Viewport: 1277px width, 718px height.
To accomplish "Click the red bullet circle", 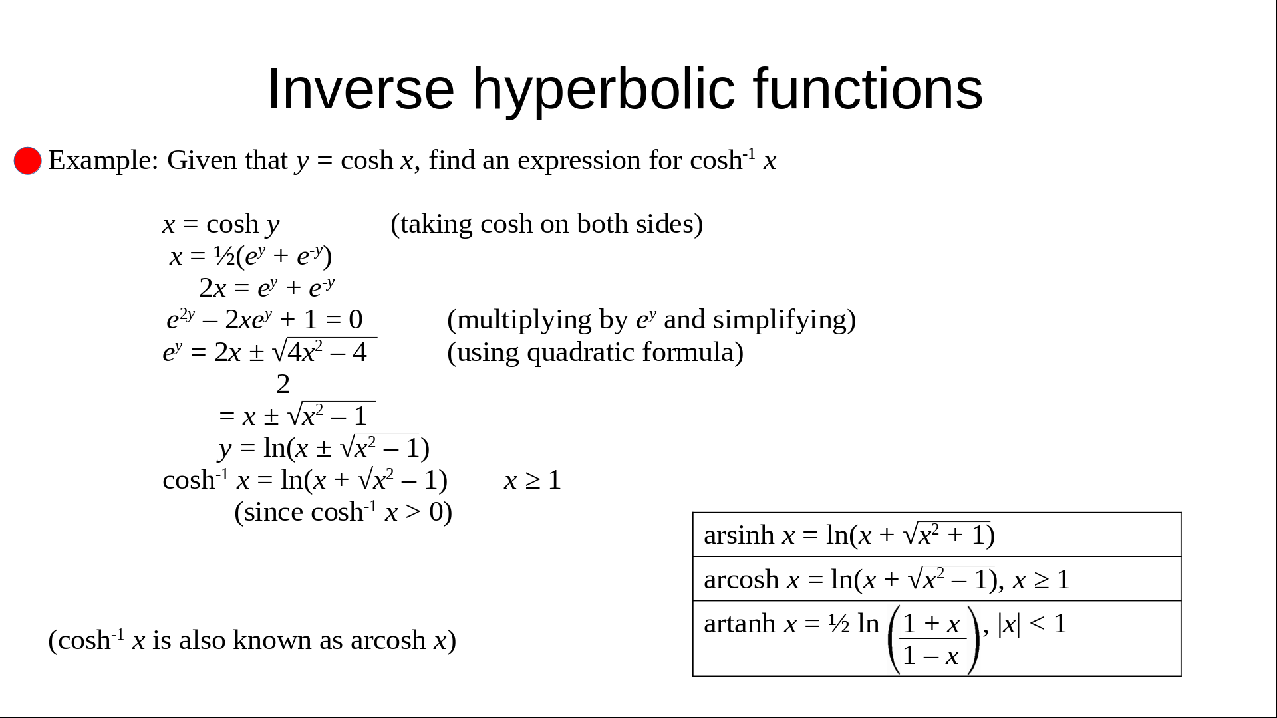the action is [x=28, y=161].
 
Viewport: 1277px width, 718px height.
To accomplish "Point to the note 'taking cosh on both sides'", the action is [x=547, y=225].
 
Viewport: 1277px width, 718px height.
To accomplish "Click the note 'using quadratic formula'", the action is [x=595, y=352].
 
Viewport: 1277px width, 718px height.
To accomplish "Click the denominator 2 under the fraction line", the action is [x=283, y=384].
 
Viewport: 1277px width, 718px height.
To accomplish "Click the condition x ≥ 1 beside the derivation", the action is [x=533, y=480].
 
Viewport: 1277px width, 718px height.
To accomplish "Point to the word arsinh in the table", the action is [x=739, y=535].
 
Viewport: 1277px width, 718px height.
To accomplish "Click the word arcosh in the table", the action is [x=741, y=580].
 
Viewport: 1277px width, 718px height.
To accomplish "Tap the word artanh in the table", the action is [x=740, y=624].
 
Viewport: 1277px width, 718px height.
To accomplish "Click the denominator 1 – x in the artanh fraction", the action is [x=930, y=656].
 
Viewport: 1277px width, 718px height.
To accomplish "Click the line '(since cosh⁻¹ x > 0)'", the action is [x=343, y=512].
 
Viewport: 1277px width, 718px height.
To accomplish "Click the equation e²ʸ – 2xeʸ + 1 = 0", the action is [x=265, y=320].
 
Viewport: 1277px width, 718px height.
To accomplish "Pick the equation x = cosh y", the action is [x=221, y=225].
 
